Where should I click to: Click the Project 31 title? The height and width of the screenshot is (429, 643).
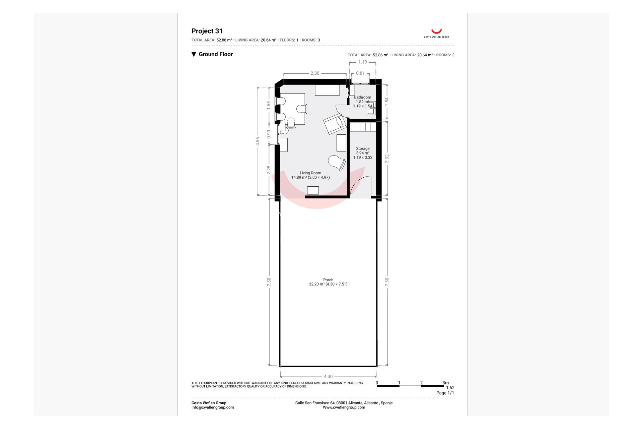(x=207, y=31)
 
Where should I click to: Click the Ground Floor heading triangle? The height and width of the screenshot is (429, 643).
(x=194, y=55)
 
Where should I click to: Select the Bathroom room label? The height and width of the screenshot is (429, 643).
(x=362, y=98)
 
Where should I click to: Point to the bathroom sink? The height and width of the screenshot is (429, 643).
(x=371, y=109)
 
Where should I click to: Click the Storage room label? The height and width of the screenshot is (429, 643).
(x=363, y=148)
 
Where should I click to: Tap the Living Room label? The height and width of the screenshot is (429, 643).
(x=310, y=173)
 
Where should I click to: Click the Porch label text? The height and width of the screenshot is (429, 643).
(x=328, y=280)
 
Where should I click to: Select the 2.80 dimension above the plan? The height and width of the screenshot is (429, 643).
(x=315, y=73)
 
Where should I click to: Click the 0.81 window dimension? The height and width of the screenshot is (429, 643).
(x=360, y=73)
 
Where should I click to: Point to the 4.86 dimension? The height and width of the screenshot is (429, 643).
(x=258, y=141)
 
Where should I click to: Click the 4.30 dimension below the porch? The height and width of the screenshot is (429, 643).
(x=328, y=376)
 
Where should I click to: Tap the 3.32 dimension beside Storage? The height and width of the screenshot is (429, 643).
(x=387, y=159)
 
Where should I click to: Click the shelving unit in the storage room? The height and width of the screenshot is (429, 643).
(x=363, y=127)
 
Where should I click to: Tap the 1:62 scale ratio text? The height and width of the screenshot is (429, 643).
(x=450, y=388)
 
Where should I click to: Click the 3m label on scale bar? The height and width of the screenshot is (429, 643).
(x=445, y=383)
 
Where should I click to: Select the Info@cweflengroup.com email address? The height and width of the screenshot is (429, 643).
(x=213, y=408)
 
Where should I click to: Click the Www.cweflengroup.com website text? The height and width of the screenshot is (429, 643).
(x=344, y=408)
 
